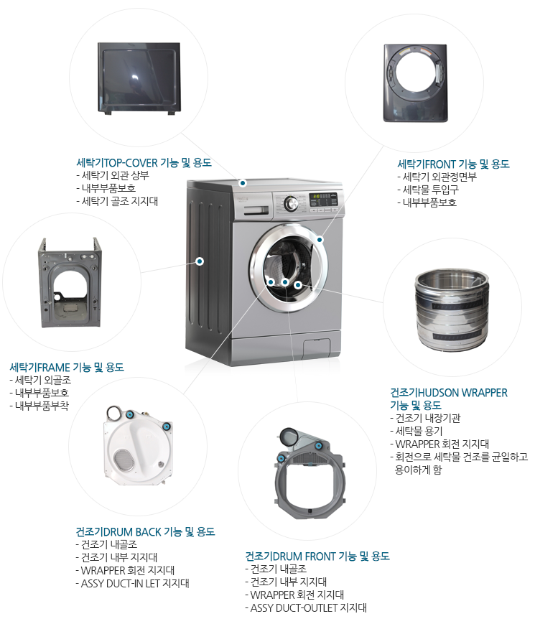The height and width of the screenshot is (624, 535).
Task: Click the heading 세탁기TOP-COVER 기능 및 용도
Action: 144,162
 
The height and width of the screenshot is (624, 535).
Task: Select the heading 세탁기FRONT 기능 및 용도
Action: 453,164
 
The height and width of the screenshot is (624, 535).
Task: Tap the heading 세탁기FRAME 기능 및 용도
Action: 67,367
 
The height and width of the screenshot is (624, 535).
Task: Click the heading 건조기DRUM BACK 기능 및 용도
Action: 145,531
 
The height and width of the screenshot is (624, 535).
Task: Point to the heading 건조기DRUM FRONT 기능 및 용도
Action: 317,556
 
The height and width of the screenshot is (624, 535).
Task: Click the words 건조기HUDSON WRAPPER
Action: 449,393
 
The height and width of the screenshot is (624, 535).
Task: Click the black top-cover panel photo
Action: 139,79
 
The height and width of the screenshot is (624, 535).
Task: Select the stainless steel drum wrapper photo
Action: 452,309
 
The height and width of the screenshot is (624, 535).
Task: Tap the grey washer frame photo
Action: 70,282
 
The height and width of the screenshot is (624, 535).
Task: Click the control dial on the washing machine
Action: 291,203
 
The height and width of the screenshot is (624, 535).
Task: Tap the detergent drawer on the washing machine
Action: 256,210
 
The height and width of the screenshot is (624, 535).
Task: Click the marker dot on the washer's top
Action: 243,183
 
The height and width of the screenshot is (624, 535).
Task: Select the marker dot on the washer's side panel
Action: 200,261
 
